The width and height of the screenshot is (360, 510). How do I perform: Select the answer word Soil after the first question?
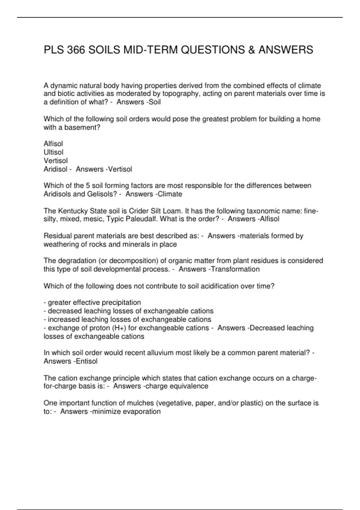(x=155, y=102)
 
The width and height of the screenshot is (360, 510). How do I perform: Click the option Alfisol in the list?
(x=53, y=144)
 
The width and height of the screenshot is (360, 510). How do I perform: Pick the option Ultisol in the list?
(x=53, y=152)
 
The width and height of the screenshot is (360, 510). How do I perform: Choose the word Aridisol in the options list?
(x=55, y=169)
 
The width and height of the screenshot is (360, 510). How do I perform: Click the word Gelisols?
(x=102, y=194)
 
